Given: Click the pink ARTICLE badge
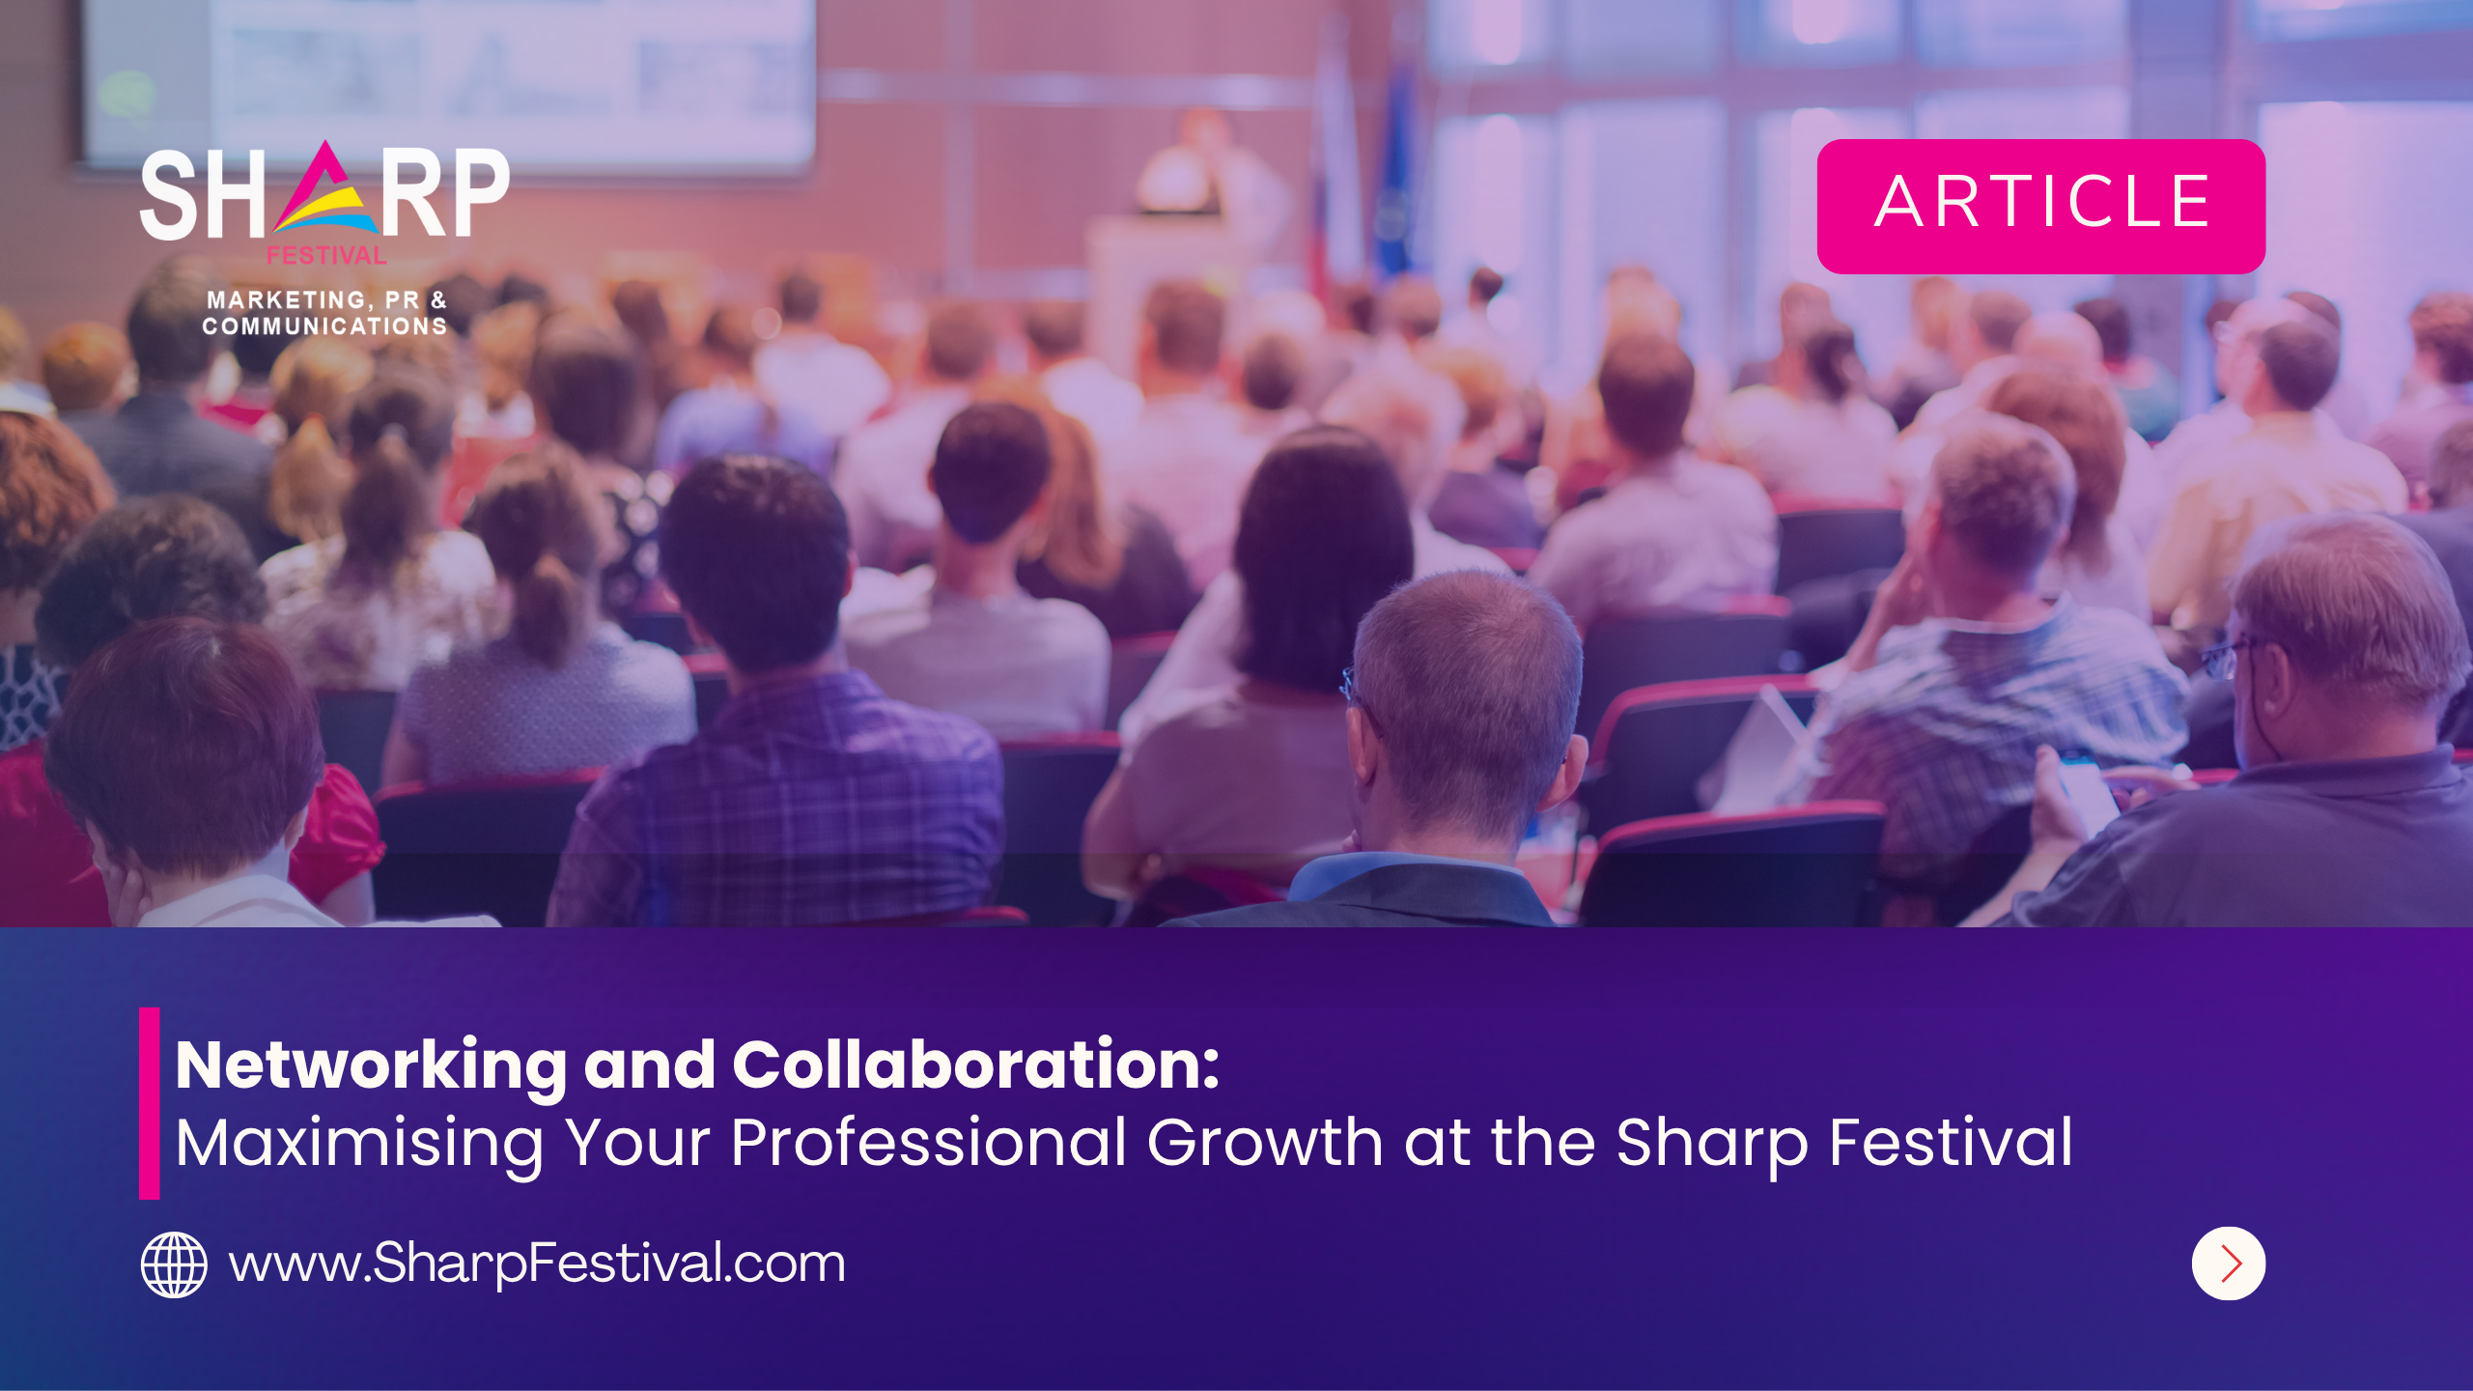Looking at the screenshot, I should tap(2040, 206).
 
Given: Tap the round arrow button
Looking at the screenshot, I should tap(2228, 1263).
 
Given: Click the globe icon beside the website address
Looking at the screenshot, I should tap(174, 1264).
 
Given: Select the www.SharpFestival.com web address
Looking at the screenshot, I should tap(537, 1263).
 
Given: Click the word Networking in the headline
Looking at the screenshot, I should tap(371, 1065).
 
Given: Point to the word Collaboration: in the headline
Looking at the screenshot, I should tap(975, 1065).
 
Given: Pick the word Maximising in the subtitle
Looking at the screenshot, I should tap(359, 1144).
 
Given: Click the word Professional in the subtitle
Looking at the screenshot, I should tap(928, 1144).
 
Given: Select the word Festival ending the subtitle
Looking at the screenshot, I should tap(1951, 1144).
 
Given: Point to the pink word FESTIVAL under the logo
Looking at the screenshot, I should tap(326, 256).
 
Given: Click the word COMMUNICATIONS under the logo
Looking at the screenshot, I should tap(324, 326).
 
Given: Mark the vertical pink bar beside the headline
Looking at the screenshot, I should tap(149, 1103).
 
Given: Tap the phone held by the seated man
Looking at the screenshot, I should tap(2086, 787).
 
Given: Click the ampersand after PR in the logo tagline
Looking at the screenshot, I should tap(439, 300).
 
